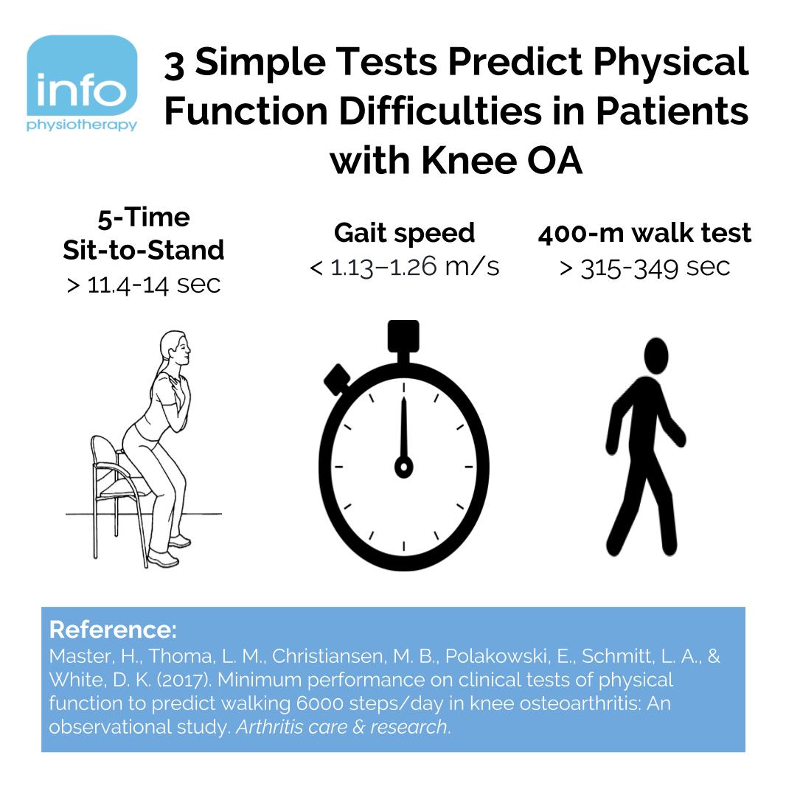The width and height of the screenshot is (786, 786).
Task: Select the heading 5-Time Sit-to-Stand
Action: pos(143,234)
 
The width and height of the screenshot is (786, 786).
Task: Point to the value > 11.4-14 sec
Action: pos(143,285)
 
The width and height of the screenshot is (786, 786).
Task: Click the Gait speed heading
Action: pos(404,233)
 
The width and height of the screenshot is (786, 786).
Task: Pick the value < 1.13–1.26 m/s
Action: pos(404,266)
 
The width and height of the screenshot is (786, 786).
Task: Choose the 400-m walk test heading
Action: pos(644,233)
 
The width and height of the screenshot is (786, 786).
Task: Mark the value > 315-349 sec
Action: pos(644,267)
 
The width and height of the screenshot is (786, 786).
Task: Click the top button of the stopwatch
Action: pos(403,335)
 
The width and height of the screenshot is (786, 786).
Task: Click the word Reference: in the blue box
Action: pos(113,630)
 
